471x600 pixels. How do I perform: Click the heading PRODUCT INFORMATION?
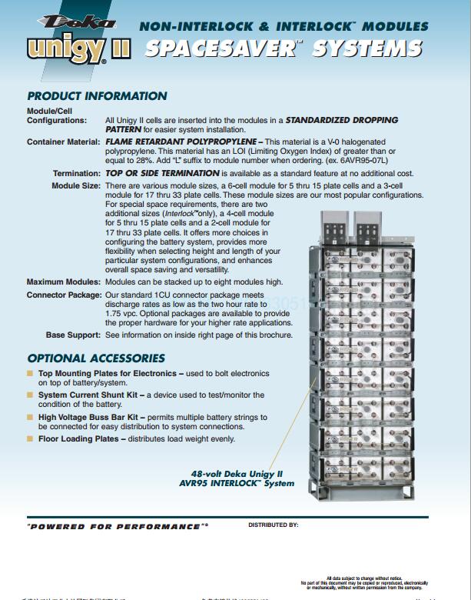[97, 96]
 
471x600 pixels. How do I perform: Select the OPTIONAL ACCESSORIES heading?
[96, 358]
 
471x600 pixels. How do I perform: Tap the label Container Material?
[64, 142]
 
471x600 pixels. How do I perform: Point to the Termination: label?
[76, 174]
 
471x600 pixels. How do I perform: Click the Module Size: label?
[76, 186]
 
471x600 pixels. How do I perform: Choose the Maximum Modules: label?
[64, 282]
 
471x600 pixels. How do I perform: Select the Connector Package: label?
[64, 295]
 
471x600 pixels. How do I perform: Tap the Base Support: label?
[73, 335]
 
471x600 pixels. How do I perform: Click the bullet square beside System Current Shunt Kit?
[31, 395]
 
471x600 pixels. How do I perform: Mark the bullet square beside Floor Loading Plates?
[31, 439]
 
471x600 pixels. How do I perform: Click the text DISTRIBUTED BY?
[273, 525]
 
